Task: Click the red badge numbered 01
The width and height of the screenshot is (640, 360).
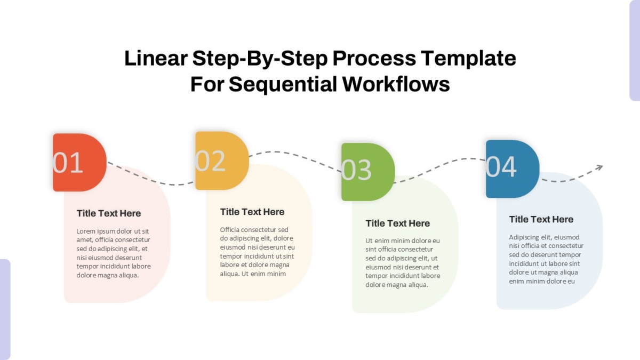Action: pyautogui.click(x=79, y=162)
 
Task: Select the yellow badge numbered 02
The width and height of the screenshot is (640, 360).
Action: pyautogui.click(x=222, y=161)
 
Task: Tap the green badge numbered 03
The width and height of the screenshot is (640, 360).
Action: pyautogui.click(x=368, y=172)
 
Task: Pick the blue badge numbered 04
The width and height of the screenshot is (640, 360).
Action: pyautogui.click(x=513, y=169)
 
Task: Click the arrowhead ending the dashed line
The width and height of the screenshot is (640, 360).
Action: pyautogui.click(x=599, y=167)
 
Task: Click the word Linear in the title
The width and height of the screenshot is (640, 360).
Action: pyautogui.click(x=156, y=58)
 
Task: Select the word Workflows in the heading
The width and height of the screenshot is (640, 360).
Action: pyautogui.click(x=396, y=84)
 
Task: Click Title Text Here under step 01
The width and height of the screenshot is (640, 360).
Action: pyautogui.click(x=109, y=213)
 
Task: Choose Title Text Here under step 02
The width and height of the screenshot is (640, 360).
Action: pyautogui.click(x=252, y=212)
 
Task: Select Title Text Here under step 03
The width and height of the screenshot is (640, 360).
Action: pyautogui.click(x=398, y=223)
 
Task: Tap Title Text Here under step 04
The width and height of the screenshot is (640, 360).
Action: pyautogui.click(x=541, y=219)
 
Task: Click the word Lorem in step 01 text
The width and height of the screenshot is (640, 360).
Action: pyautogui.click(x=86, y=231)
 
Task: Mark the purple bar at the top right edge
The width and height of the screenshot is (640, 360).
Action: pyautogui.click(x=635, y=50)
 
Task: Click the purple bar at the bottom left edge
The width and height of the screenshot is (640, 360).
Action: pyautogui.click(x=5, y=309)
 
